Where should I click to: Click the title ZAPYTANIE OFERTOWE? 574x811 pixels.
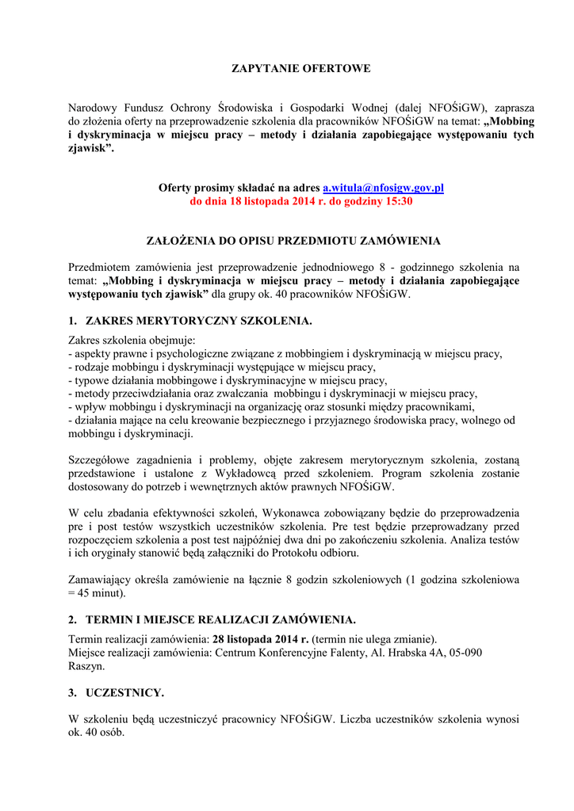300,69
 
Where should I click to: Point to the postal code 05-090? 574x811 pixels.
483,653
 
